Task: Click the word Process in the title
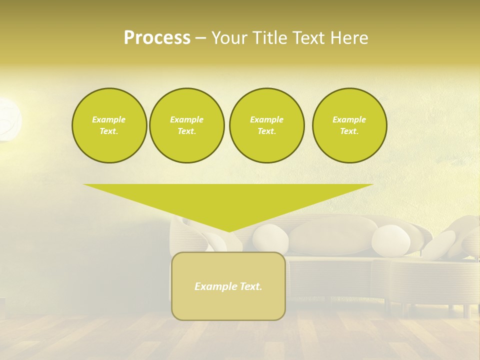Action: pos(157,38)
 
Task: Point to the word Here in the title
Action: pos(349,38)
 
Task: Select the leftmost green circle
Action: pos(109,125)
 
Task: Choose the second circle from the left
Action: pos(186,125)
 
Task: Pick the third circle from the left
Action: pos(266,125)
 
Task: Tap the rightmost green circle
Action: pos(349,125)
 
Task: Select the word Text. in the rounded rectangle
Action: pos(250,286)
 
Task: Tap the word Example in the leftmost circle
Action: pos(109,119)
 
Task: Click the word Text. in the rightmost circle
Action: pos(349,131)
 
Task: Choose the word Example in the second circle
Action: pos(186,119)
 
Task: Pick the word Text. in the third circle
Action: pos(266,131)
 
